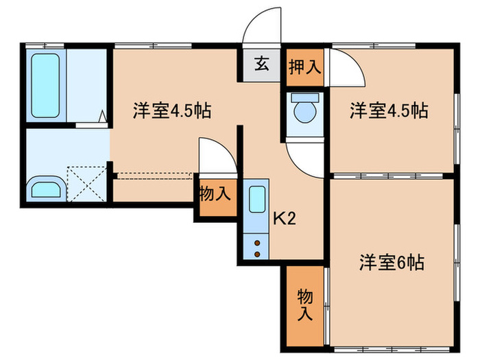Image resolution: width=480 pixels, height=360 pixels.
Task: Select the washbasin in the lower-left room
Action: tap(46, 188)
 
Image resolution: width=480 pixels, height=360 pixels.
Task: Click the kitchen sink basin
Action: tap(256, 200)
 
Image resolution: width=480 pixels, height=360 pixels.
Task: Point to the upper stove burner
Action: tap(257, 242)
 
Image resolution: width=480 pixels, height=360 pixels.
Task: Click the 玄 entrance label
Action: tap(261, 66)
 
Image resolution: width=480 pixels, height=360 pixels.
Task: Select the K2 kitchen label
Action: tap(284, 219)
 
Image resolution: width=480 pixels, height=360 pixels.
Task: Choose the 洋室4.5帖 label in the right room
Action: tap(389, 110)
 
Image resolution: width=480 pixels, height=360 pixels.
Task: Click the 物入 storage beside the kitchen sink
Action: tap(215, 193)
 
